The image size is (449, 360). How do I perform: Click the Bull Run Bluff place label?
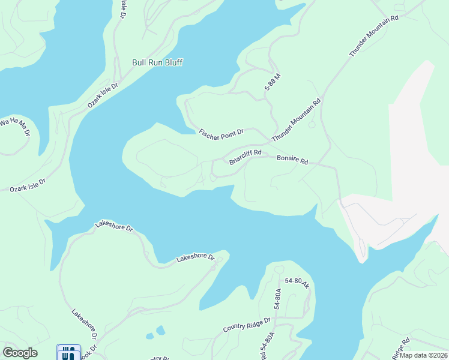pos(157,62)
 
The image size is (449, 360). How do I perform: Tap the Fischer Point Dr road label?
pos(221,131)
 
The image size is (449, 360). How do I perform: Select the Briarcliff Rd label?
pos(246,157)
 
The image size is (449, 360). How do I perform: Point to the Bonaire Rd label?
pos(292,161)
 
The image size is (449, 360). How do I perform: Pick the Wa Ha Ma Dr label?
pos(14,127)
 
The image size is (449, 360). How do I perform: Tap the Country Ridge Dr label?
pos(247,325)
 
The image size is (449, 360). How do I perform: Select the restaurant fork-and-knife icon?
pos(68,353)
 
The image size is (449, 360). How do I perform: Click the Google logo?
pos(20,353)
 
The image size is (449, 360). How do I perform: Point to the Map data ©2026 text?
pos(424,355)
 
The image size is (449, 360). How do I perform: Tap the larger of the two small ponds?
pos(160,330)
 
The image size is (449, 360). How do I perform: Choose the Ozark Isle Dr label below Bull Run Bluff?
pos(103,95)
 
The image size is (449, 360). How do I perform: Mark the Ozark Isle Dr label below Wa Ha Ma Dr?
pos(27,185)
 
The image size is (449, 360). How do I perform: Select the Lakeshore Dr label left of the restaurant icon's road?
pos(83,323)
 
